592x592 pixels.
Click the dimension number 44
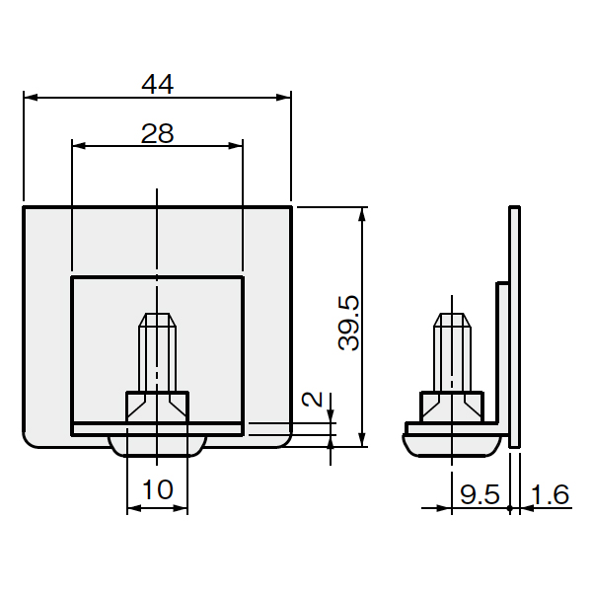(158, 84)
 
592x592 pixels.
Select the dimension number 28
(158, 133)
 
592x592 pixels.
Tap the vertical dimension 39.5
(349, 324)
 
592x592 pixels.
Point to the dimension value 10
(158, 489)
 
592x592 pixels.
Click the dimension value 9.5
(480, 494)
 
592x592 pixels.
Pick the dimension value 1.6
(550, 494)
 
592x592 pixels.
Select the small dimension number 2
(312, 399)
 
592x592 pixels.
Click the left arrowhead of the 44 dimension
(31, 98)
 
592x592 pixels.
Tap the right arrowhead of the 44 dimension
(283, 98)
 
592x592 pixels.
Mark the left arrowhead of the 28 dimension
(79, 146)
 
